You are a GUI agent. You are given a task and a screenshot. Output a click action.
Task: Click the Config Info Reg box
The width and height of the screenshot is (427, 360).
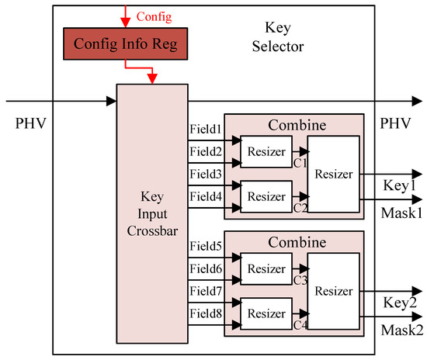125,44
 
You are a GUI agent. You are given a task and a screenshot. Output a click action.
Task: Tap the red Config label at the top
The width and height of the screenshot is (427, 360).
154,16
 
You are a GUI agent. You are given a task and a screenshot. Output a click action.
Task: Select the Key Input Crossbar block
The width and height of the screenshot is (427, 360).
152,214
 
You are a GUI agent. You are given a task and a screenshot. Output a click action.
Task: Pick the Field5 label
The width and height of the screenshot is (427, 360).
206,247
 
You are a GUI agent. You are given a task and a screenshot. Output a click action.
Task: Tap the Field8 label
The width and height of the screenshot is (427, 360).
206,313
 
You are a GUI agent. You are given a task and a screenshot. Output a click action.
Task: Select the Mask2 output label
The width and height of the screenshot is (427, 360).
402,331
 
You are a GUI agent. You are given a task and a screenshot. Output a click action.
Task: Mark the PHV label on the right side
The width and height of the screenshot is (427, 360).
397,124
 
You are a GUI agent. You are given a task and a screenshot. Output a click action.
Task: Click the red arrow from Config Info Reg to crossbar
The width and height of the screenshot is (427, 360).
152,75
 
